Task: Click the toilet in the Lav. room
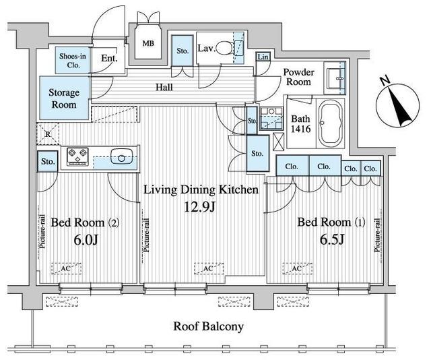click(x=224, y=49)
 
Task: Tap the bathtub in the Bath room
click(x=330, y=123)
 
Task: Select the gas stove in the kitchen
click(x=78, y=156)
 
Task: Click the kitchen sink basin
click(x=121, y=156)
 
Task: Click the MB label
click(x=148, y=44)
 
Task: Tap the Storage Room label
click(x=64, y=98)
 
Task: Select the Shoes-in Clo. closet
click(x=73, y=61)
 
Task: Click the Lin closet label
click(x=263, y=57)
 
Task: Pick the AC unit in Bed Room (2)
click(x=66, y=268)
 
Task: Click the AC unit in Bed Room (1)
click(x=297, y=268)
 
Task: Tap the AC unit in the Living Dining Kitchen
click(x=209, y=268)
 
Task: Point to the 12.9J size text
click(x=199, y=207)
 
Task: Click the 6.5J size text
click(x=332, y=240)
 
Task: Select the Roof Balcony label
click(x=208, y=327)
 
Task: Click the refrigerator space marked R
click(x=48, y=134)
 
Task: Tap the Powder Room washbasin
click(x=335, y=78)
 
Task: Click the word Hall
click(x=164, y=88)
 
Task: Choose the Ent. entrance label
click(x=109, y=59)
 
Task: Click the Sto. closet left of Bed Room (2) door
click(x=48, y=161)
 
